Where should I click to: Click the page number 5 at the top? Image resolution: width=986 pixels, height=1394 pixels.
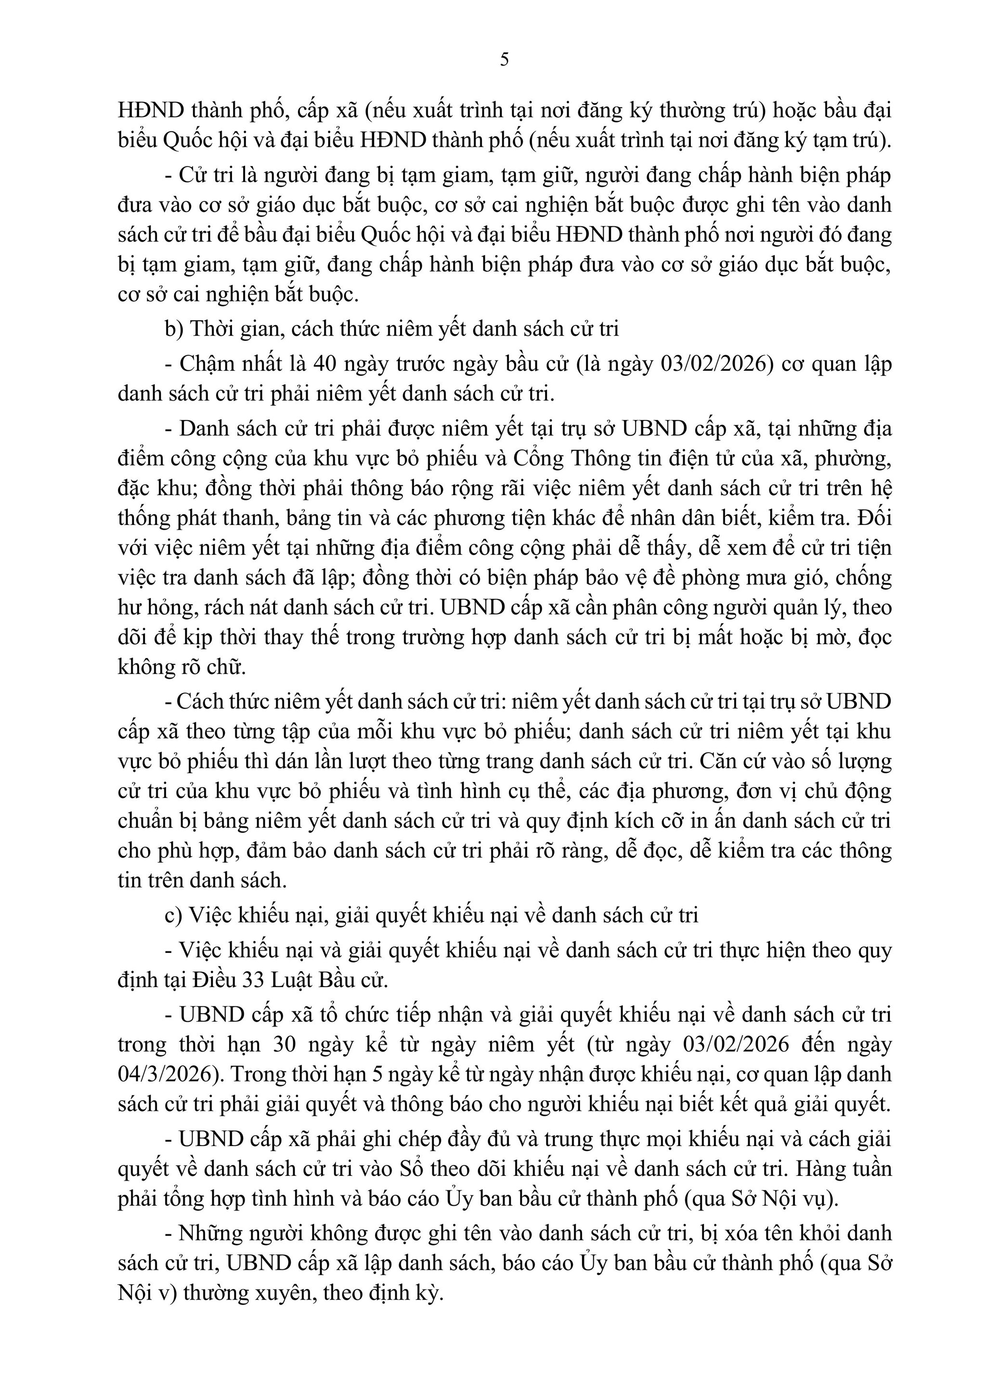click(504, 60)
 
